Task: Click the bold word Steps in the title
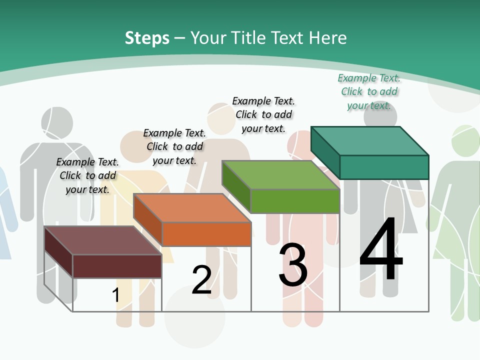[147, 38]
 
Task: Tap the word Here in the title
[328, 38]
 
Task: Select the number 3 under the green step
[293, 265]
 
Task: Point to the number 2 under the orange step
[201, 280]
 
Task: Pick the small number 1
[115, 295]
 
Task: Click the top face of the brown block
[102, 240]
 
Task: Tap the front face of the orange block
[206, 234]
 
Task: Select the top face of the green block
[280, 175]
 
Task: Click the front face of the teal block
[384, 167]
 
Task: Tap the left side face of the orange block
[147, 220]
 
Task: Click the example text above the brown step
[87, 176]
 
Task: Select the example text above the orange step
[174, 147]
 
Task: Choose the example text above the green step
[263, 115]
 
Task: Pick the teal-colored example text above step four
[369, 92]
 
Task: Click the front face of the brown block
[117, 266]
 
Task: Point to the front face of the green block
[295, 201]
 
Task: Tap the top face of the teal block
[369, 141]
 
